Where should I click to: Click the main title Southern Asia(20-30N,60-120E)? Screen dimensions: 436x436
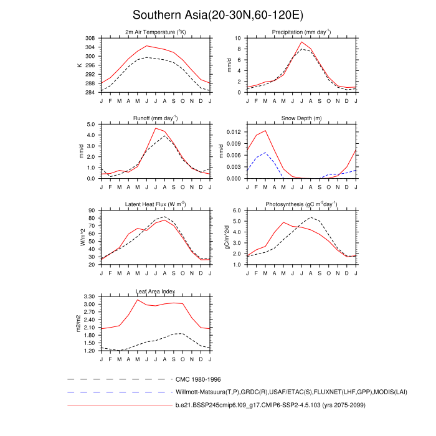218,15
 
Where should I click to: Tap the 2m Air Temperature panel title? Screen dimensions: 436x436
156,32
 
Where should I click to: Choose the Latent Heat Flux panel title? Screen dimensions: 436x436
156,204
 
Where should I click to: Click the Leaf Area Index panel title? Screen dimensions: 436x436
156,291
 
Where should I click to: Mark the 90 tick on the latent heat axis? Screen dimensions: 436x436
92,211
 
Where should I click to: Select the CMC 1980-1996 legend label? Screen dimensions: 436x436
199,379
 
